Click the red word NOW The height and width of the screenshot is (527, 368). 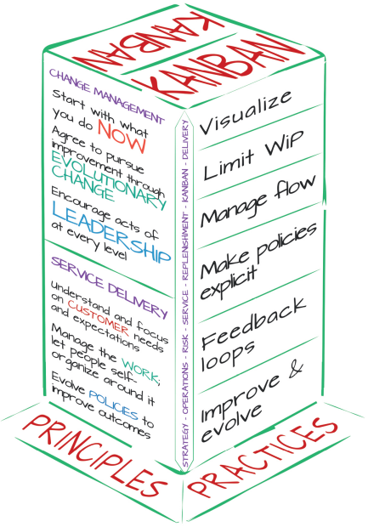point(122,137)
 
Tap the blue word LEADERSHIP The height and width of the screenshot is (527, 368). point(111,233)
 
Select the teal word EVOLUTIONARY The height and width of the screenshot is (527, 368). point(109,181)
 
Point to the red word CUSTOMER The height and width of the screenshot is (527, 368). point(98,317)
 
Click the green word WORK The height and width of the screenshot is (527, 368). point(140,370)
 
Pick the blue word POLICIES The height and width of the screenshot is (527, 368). point(114,405)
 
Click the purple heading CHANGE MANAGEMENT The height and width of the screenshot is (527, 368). point(107,96)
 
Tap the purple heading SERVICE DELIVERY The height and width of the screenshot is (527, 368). point(110,287)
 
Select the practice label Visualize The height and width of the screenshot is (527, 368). point(246,112)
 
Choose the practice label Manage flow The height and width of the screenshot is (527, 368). point(258,201)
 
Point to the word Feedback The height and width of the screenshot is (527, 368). point(254,324)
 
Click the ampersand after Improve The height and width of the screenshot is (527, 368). point(293,371)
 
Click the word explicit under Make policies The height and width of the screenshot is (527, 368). point(228,283)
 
